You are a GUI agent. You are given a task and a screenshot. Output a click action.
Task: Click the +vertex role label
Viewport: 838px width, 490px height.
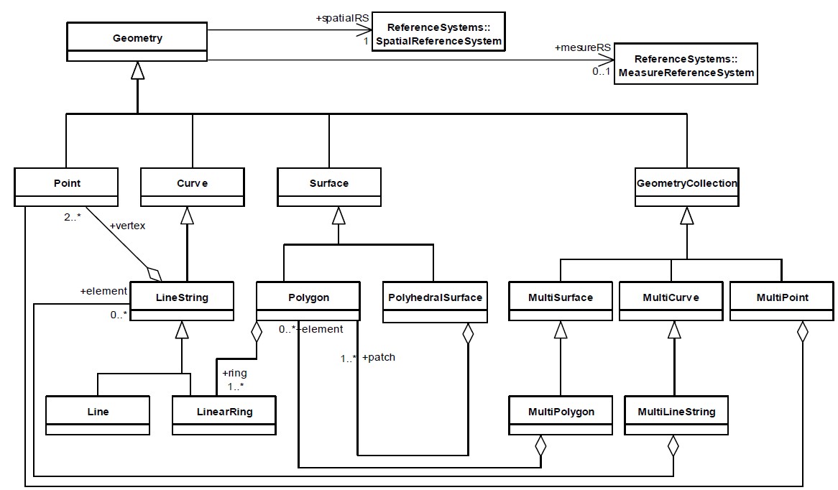127,226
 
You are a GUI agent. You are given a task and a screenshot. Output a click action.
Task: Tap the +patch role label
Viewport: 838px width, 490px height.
379,357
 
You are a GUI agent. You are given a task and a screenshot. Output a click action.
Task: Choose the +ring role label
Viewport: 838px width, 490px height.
235,373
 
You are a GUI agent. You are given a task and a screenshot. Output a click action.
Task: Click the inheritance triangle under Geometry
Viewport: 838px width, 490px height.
137,70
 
